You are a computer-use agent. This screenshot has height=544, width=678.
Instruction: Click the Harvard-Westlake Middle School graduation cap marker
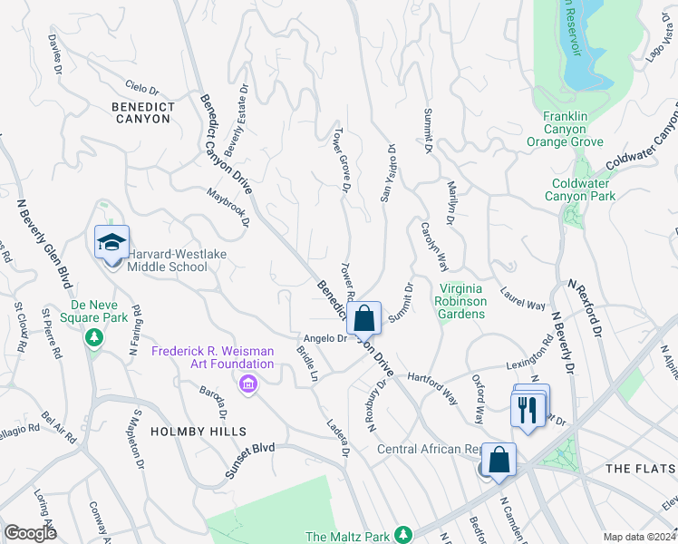pos(111,243)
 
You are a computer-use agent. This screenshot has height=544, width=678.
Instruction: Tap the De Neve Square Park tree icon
pos(93,337)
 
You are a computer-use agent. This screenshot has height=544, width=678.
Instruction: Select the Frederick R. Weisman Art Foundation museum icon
pos(247,385)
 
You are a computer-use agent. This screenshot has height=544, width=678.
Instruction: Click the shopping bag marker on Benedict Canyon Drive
pos(363,319)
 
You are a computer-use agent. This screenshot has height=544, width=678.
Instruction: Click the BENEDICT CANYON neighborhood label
pos(143,113)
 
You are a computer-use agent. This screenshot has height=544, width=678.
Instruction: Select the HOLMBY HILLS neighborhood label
pos(185,432)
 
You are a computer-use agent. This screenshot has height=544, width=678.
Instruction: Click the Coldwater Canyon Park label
pos(584,189)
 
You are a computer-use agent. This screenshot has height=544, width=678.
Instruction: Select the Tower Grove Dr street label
pos(343,158)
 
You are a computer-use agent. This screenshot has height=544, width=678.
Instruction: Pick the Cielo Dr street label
pos(143,89)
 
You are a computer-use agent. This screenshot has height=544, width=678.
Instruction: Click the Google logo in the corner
pos(30,533)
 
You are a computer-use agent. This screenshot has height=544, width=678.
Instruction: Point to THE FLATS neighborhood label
pos(640,468)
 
